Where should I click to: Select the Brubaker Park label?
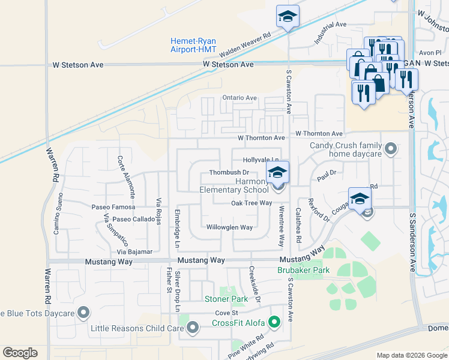coord(303,271)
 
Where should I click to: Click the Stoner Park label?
coord(226,299)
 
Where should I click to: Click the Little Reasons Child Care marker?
coord(193,328)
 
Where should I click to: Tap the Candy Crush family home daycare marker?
coord(391,149)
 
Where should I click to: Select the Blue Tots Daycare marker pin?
coord(83,313)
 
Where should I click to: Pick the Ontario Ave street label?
coord(240,98)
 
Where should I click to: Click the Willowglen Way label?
coord(229,228)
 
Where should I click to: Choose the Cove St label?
coord(227,314)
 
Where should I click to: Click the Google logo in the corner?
coord(20,353)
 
